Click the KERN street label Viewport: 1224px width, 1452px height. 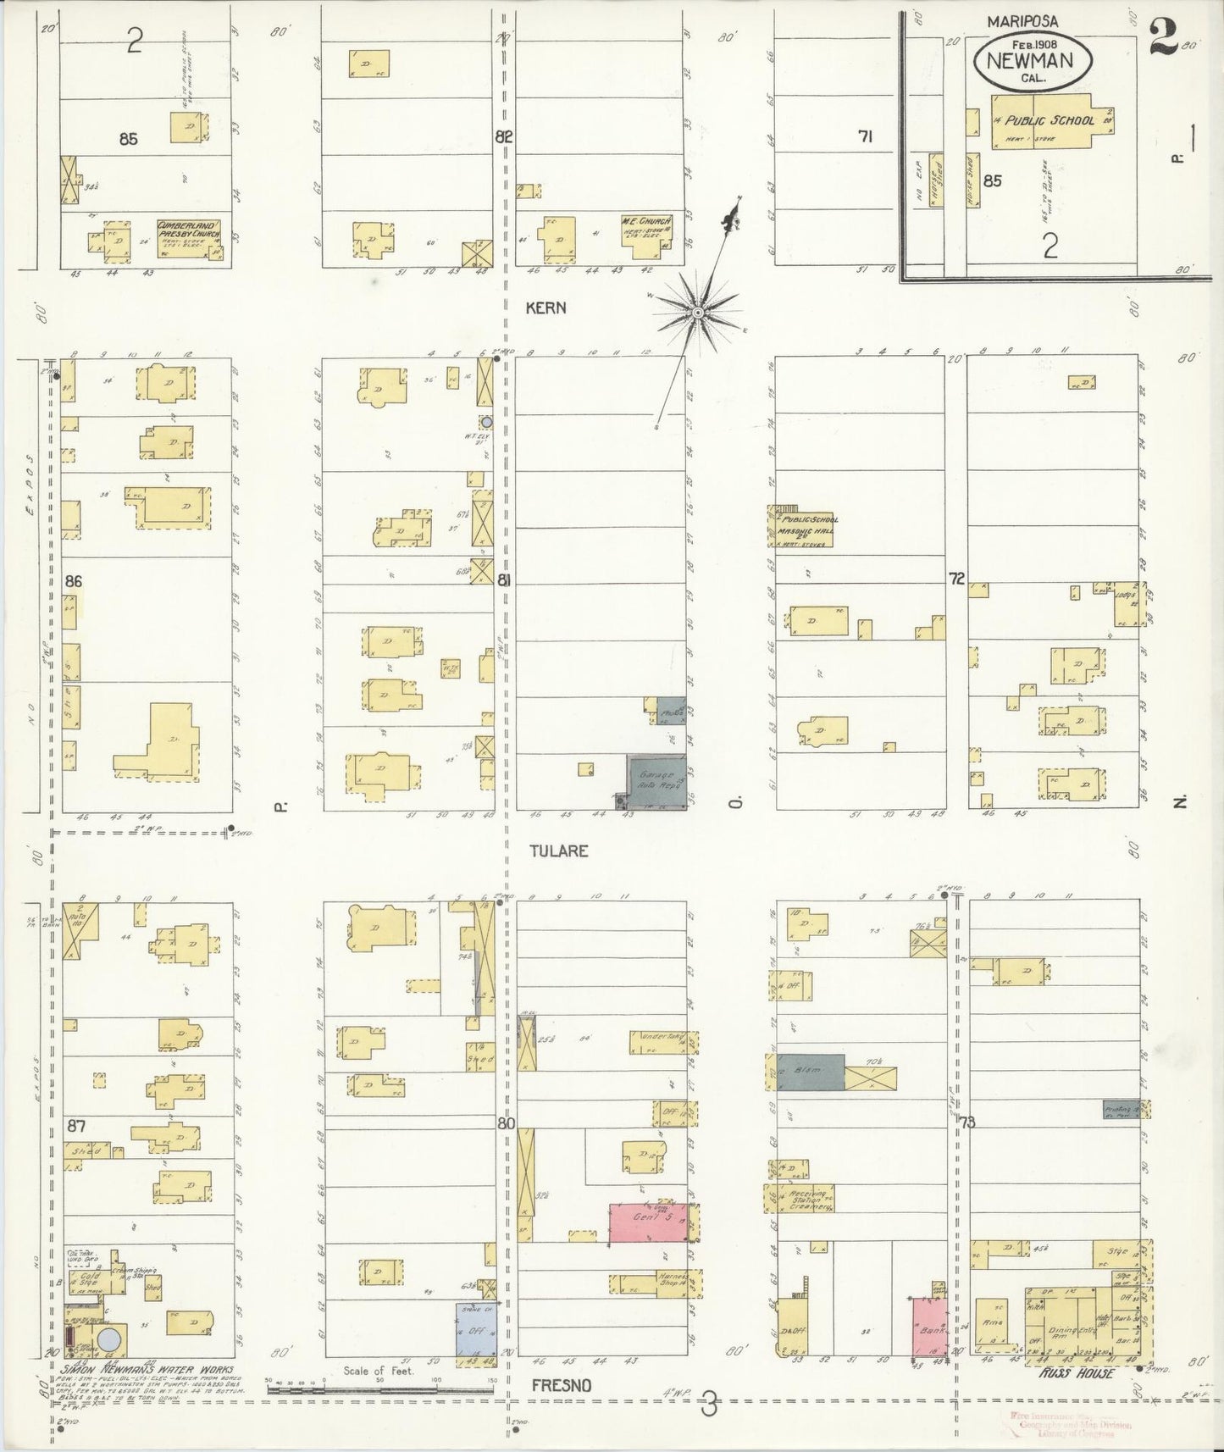pyautogui.click(x=546, y=308)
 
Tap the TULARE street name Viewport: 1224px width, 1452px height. pyautogui.click(x=558, y=851)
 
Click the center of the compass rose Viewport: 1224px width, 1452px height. pyautogui.click(x=697, y=313)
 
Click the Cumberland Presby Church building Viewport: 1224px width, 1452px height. pyautogui.click(x=191, y=237)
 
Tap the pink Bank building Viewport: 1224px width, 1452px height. pyautogui.click(x=928, y=1326)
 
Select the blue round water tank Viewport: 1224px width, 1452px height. pyautogui.click(x=109, y=1340)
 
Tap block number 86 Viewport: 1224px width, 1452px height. pyautogui.click(x=74, y=581)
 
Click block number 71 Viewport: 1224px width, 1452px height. pyautogui.click(x=864, y=136)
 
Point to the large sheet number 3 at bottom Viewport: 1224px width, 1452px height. pyautogui.click(x=709, y=1406)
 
